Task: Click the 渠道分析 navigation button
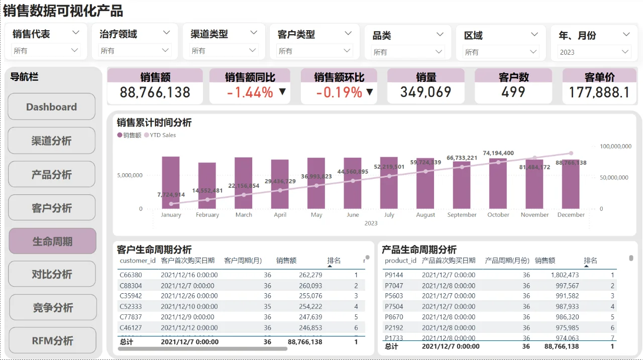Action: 52,141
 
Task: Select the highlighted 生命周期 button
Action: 52,242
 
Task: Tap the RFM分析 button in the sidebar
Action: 52,341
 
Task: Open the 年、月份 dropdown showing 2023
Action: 594,52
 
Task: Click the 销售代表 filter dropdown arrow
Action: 76,33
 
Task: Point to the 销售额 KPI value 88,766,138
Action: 155,92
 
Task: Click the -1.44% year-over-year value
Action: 250,92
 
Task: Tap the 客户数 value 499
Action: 513,92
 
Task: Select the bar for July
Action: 389,183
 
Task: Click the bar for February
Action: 207,186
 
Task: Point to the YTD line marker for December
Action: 571,154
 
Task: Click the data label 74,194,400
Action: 498,153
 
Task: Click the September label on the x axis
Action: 462,215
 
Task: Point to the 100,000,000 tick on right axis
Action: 615,147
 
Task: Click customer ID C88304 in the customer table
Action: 131,285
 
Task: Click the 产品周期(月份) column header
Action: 507,261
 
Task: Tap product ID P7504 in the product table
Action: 394,306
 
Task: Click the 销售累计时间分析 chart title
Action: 154,123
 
